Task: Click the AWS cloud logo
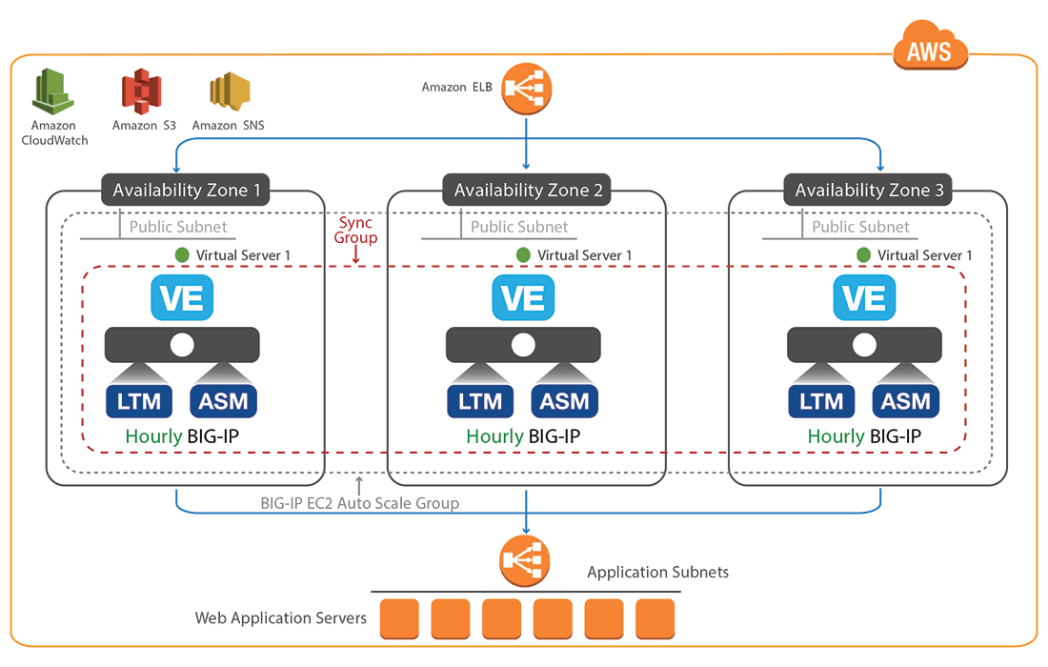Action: coord(930,48)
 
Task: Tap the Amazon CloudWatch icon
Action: coord(54,92)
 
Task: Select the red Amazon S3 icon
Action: coord(143,92)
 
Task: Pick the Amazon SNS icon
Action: coord(229,93)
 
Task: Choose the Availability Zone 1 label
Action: coord(187,191)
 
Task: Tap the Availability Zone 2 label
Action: coord(528,191)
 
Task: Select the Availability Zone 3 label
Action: coord(869,191)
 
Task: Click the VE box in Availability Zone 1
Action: coord(182,298)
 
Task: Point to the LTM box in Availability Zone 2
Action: coord(480,402)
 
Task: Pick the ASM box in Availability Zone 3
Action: coord(905,402)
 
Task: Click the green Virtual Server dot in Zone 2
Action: coord(523,255)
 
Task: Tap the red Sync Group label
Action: coord(357,231)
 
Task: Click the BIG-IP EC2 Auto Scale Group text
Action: coord(359,503)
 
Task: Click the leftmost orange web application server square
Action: coord(399,619)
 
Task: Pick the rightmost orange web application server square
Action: coord(655,619)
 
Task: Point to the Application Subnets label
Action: coord(657,572)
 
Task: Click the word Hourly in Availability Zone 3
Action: coord(836,436)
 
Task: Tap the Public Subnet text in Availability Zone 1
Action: coord(178,227)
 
